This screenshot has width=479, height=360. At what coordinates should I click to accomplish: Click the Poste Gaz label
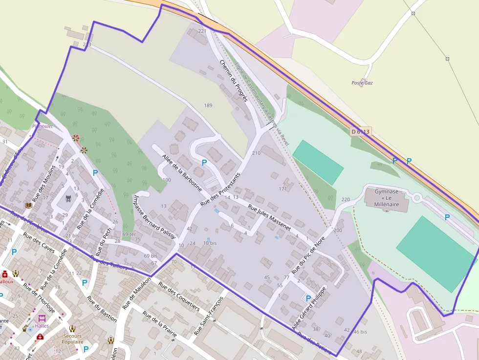click(362, 83)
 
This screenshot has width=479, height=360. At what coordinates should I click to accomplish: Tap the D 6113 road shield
click(361, 131)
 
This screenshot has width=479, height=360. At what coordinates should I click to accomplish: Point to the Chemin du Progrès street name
click(234, 81)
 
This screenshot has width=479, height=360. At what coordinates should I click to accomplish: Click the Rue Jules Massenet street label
click(269, 217)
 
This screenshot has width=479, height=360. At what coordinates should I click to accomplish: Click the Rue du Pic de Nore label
click(308, 254)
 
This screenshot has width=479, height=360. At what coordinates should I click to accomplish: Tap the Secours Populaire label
click(72, 339)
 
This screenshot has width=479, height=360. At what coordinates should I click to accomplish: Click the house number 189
click(208, 106)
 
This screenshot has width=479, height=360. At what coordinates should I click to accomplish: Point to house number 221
click(202, 31)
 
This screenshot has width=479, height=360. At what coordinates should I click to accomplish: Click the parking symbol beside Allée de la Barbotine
click(204, 163)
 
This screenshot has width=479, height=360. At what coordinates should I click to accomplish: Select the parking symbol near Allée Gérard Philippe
click(308, 298)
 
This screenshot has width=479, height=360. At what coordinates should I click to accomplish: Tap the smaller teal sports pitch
click(318, 162)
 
